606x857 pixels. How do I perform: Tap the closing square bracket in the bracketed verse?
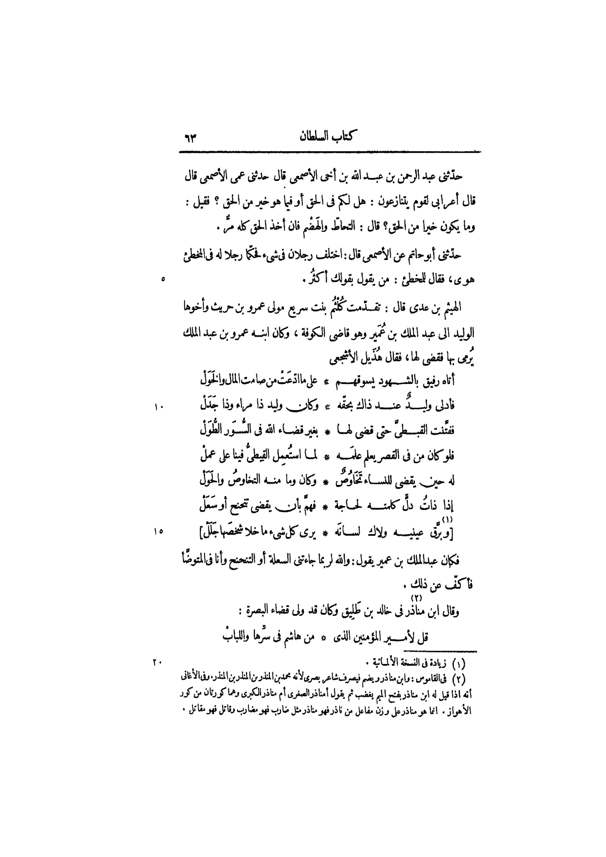coord(202,533)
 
